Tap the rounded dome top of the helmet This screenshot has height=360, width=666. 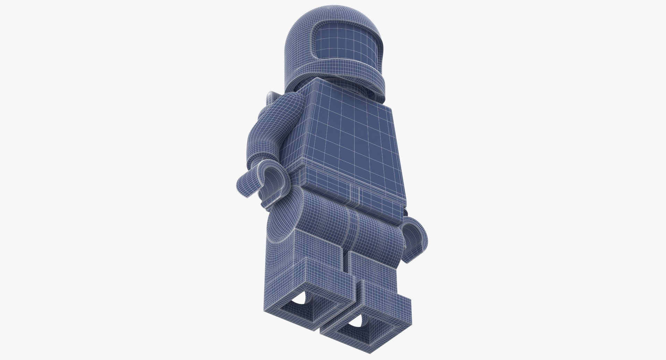312,21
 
